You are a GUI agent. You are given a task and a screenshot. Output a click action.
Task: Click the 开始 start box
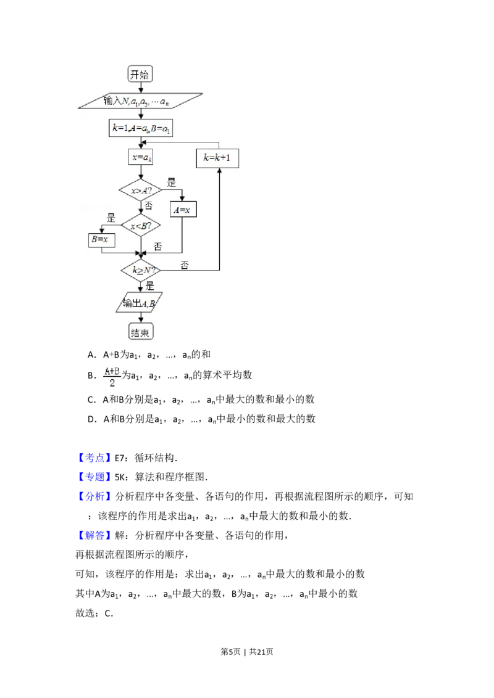(x=140, y=75)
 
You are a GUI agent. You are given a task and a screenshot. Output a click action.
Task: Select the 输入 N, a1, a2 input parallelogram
(x=140, y=101)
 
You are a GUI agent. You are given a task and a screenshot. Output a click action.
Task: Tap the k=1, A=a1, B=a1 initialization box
(x=140, y=128)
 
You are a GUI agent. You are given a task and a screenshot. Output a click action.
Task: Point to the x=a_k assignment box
(x=141, y=157)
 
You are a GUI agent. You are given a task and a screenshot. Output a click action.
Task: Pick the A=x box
(x=183, y=210)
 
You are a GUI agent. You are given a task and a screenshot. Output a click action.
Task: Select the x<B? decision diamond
(x=141, y=226)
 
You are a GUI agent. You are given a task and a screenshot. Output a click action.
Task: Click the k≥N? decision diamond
(x=141, y=270)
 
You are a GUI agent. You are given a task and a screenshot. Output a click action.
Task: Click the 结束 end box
(x=140, y=332)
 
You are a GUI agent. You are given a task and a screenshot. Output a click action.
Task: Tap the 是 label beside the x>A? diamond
(x=172, y=183)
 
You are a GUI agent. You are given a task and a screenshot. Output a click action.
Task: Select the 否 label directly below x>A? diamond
(x=148, y=205)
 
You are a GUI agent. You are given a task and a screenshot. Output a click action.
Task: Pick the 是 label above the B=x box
(x=112, y=217)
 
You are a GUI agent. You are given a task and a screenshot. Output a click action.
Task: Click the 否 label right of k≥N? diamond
(x=185, y=265)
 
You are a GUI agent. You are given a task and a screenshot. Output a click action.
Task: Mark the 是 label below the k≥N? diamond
(x=149, y=285)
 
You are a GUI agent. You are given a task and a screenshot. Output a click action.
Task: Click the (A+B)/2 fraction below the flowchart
(x=112, y=377)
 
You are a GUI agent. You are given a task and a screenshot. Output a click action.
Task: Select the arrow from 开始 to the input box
(x=141, y=88)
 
